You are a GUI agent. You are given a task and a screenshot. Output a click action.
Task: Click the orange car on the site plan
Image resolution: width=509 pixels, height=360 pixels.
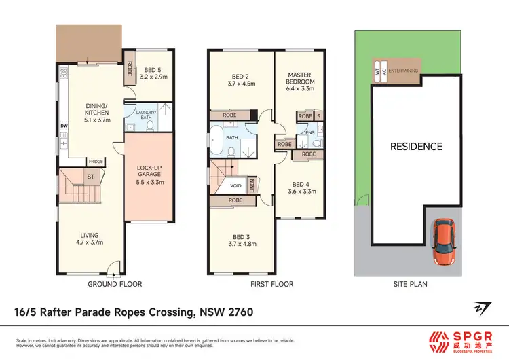[x=444, y=243]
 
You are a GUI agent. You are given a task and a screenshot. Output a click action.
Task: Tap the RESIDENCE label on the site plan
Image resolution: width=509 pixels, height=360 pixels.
[x=415, y=147]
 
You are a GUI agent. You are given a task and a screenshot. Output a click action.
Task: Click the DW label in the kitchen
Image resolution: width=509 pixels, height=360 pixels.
[x=63, y=125]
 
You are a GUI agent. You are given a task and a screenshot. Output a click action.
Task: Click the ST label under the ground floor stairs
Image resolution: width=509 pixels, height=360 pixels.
[x=89, y=177]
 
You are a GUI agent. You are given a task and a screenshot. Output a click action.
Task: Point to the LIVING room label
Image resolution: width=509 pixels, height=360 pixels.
[x=89, y=239]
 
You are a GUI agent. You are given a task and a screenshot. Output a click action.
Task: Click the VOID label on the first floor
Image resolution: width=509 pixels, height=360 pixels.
[x=236, y=185]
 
